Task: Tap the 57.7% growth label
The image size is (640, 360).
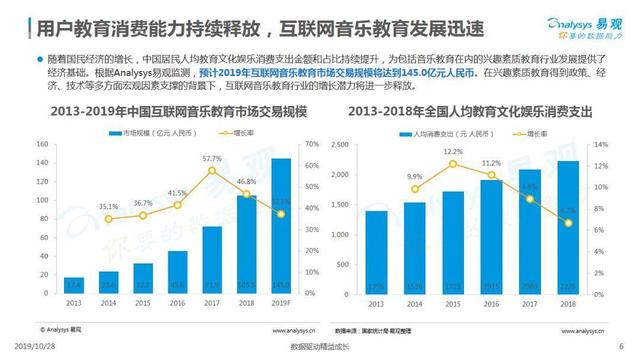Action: pos(212,158)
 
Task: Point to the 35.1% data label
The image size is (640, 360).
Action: pos(80,207)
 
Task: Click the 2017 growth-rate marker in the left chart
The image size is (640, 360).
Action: pos(212,170)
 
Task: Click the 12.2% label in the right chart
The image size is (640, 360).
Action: pos(453,151)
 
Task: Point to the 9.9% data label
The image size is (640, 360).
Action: pos(415,176)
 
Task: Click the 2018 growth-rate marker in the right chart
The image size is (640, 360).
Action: pos(566,221)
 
